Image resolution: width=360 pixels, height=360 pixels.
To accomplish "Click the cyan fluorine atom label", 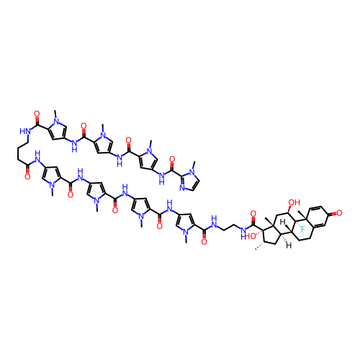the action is click(x=303, y=230).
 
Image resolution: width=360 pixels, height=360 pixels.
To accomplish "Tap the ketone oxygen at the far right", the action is click(x=339, y=213).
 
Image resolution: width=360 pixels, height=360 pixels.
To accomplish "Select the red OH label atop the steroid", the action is click(x=294, y=202).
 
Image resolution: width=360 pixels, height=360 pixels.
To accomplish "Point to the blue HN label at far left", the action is click(x=25, y=131).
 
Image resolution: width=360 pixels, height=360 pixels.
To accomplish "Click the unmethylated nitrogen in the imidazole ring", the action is click(x=182, y=188).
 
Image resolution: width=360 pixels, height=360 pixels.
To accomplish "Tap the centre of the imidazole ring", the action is click(x=190, y=181).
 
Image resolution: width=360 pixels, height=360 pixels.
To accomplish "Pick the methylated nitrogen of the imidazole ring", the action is click(x=192, y=172).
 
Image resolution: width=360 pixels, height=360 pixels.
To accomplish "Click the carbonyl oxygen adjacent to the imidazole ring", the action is click(x=172, y=159).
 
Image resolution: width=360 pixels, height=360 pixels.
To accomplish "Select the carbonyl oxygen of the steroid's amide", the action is click(x=253, y=213).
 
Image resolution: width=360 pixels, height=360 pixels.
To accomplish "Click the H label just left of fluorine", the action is click(x=282, y=222).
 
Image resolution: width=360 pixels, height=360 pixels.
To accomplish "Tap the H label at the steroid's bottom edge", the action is click(x=289, y=246).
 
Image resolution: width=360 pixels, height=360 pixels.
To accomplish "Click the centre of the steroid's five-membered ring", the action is click(x=271, y=235).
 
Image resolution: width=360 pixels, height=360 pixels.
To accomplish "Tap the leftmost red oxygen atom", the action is click(x=27, y=177).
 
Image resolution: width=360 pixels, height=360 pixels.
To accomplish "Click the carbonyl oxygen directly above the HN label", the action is click(x=37, y=114).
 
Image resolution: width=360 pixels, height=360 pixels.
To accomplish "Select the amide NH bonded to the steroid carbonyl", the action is click(x=243, y=233).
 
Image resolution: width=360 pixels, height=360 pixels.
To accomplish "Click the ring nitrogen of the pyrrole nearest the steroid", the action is click(x=186, y=233).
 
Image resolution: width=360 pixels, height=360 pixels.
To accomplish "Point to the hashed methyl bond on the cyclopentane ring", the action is click(x=259, y=246).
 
